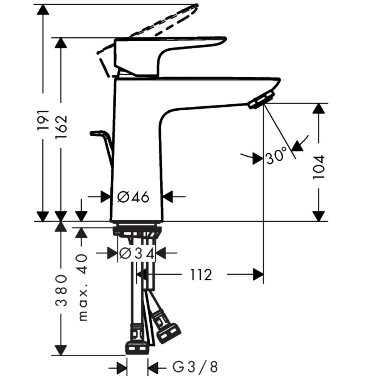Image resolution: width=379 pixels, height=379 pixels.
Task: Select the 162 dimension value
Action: [61, 127]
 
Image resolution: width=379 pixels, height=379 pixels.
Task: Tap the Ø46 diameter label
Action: [133, 197]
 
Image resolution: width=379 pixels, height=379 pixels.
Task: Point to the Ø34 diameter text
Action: [137, 253]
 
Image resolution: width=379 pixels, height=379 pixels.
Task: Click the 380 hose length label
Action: [62, 291]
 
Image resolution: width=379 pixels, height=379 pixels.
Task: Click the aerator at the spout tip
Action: [262, 100]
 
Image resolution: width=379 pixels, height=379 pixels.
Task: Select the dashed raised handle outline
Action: [166, 22]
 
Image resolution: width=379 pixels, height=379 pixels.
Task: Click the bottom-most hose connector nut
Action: [137, 348]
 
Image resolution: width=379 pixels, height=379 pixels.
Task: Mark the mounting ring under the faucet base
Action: [137, 230]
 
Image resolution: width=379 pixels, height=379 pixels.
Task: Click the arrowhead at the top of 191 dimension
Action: [42, 10]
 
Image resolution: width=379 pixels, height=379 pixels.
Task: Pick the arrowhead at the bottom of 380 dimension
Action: [61, 350]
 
